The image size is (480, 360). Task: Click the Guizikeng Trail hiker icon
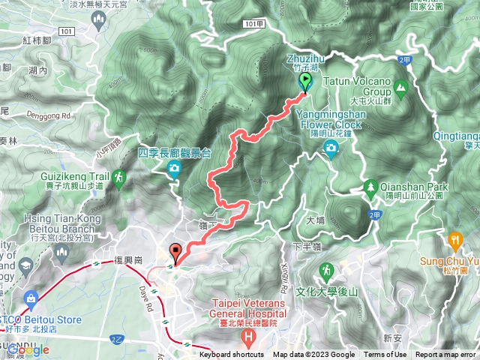pyautogui.click(x=118, y=178)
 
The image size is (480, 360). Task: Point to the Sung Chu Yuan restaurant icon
pyautogui.click(x=454, y=239)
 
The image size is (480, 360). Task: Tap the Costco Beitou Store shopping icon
pyautogui.click(x=30, y=298)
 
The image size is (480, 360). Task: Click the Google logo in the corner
pyautogui.click(x=28, y=349)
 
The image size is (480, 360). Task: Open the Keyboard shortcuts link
pyautogui.click(x=231, y=355)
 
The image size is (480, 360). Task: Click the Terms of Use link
pyautogui.click(x=385, y=355)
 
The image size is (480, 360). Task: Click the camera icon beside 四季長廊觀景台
pyautogui.click(x=175, y=169)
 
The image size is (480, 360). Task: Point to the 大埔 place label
pyautogui.click(x=316, y=222)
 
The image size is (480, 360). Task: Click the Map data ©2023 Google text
pyautogui.click(x=313, y=355)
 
